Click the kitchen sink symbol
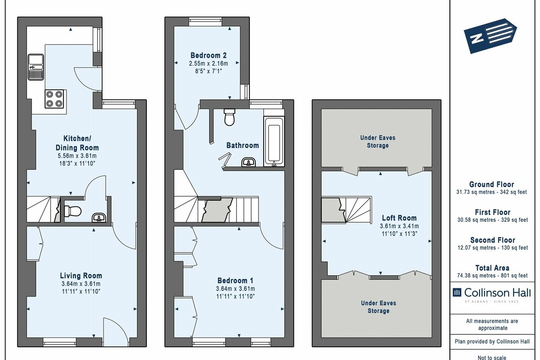[x=35, y=66]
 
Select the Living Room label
[x=81, y=275]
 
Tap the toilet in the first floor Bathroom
[x=230, y=118]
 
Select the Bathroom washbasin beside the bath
[x=249, y=162]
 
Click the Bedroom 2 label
[x=208, y=55]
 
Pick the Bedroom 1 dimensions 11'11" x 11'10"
[x=236, y=296]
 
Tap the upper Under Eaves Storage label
[x=378, y=141]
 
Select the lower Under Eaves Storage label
[x=378, y=306]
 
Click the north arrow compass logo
[x=490, y=36]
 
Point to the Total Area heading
[x=491, y=268]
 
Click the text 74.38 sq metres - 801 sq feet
[x=491, y=275]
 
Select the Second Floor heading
[x=492, y=240]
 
